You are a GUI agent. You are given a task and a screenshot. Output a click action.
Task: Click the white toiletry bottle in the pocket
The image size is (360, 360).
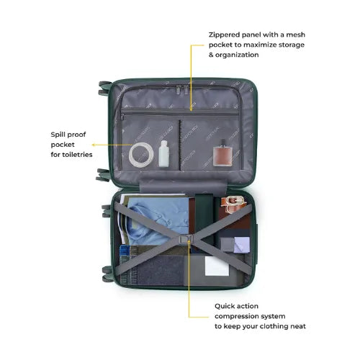pos(164,153)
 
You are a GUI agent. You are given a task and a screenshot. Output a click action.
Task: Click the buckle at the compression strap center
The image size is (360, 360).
pos(185,239)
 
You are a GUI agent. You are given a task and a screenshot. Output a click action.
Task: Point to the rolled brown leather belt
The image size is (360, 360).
pos(233,204)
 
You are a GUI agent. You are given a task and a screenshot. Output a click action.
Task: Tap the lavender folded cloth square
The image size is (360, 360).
pos(242,245)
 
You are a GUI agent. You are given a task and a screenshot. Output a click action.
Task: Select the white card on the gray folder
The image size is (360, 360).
pos(217,266)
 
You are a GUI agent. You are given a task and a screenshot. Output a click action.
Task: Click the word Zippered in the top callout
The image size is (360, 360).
pos(224,35)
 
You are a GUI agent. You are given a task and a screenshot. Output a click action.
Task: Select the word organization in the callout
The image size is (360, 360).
pos(237,55)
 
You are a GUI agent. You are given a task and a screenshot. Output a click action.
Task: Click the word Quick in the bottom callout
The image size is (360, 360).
pos(225,306)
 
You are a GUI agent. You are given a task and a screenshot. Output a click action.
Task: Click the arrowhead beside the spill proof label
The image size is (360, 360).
pos(94,145)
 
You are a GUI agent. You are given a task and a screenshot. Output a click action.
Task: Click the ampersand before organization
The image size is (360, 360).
pos(211,55)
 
